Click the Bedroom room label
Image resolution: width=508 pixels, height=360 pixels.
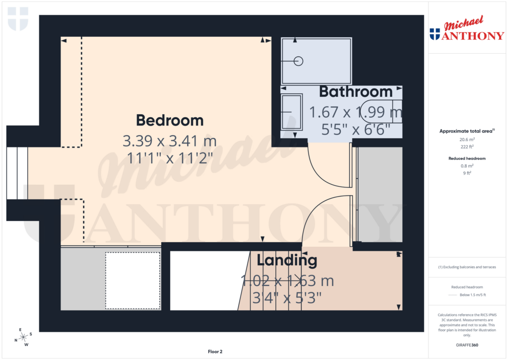pos(170,121)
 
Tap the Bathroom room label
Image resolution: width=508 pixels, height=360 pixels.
pos(356,92)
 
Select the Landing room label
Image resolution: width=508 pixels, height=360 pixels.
pos(286,260)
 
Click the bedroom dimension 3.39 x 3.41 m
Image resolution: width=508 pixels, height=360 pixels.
pos(170,142)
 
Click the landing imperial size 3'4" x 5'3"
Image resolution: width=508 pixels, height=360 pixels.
pos(286,298)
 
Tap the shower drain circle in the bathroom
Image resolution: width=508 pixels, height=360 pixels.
pos(298,61)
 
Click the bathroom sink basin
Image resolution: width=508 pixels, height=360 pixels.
pos(291,112)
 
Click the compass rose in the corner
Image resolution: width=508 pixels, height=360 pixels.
pos(22,337)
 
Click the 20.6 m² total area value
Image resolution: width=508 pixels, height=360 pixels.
pos(466,140)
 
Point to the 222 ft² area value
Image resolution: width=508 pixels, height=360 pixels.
pos(466,147)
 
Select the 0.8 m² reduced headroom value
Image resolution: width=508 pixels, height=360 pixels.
pos(466,166)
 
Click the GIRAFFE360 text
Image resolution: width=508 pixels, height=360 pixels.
pos(466,345)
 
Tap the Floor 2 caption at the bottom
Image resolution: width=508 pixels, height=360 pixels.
pos(215,352)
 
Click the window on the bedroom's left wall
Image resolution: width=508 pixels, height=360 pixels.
pos(17,172)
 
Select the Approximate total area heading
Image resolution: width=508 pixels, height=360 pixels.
pos(466,131)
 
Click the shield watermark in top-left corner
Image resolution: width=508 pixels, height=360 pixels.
pos(18,19)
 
